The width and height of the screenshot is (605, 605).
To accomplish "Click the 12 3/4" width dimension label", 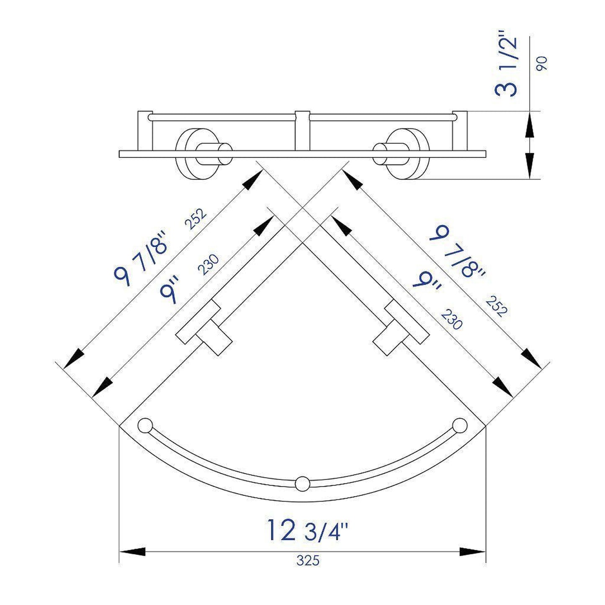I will click(308, 530).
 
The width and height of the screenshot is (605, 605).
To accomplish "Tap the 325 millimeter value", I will click(308, 560).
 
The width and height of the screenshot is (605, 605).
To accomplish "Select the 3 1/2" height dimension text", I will click(507, 67).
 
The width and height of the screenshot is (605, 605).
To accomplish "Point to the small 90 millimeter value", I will click(542, 63).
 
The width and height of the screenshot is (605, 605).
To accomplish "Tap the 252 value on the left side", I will click(196, 219).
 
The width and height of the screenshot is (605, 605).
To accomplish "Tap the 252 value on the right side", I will click(497, 307).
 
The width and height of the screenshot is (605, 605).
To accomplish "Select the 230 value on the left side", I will click(208, 265).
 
